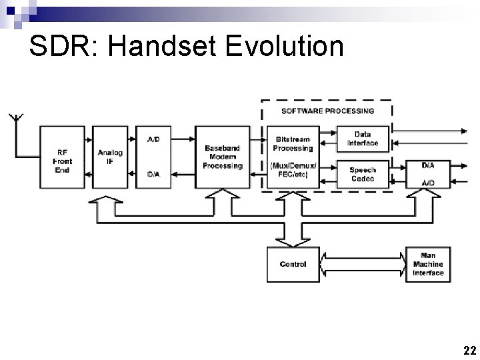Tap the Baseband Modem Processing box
tap(224, 157)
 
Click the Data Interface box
tap(363, 139)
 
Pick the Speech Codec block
tap(363, 174)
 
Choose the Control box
tap(293, 264)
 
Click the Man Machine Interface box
tap(428, 264)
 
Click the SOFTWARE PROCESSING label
tap(327, 111)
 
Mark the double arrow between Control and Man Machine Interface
tap(363, 264)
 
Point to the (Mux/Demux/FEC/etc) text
tap(293, 170)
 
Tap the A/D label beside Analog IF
tap(153, 139)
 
